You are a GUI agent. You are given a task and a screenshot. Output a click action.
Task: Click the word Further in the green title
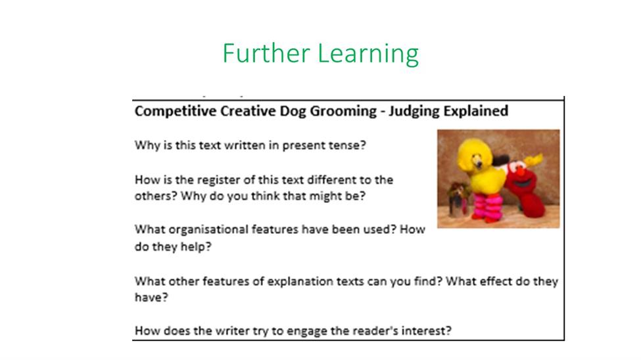click(266, 53)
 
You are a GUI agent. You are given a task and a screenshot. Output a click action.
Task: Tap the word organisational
click(208, 230)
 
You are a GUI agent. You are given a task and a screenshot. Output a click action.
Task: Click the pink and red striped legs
click(488, 208)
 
